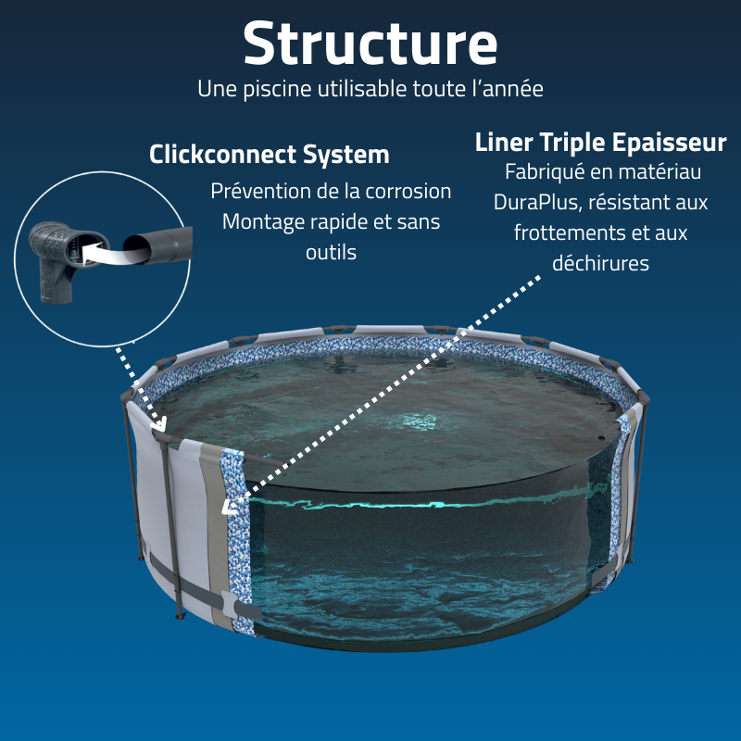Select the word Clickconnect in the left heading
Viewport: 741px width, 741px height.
pos(231,154)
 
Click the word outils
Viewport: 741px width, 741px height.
pos(331,252)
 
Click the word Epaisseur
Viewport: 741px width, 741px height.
pos(669,144)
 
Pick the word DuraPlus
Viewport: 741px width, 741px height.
pos(534,202)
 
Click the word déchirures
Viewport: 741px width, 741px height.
pos(600,263)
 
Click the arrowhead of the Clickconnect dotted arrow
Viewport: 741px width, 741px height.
pos(163,426)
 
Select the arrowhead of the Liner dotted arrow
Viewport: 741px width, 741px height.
pos(228,506)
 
